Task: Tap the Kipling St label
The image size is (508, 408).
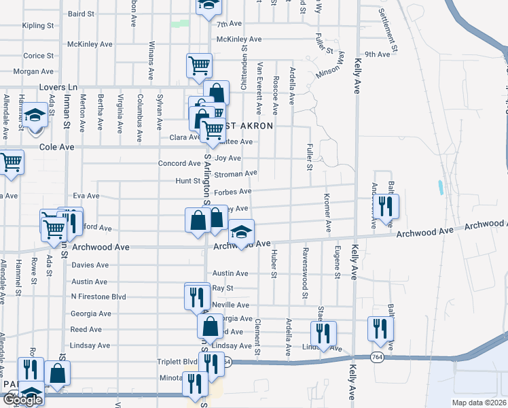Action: (38, 26)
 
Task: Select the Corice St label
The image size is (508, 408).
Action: (33, 56)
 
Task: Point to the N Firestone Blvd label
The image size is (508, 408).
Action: (98, 297)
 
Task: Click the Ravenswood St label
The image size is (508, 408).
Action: (305, 282)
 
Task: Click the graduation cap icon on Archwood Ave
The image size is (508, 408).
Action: (241, 233)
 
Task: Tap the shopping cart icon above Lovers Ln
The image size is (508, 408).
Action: (199, 65)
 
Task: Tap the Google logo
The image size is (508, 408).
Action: (22, 400)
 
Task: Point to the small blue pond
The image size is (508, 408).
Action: (442, 188)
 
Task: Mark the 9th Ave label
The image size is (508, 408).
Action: (377, 54)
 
